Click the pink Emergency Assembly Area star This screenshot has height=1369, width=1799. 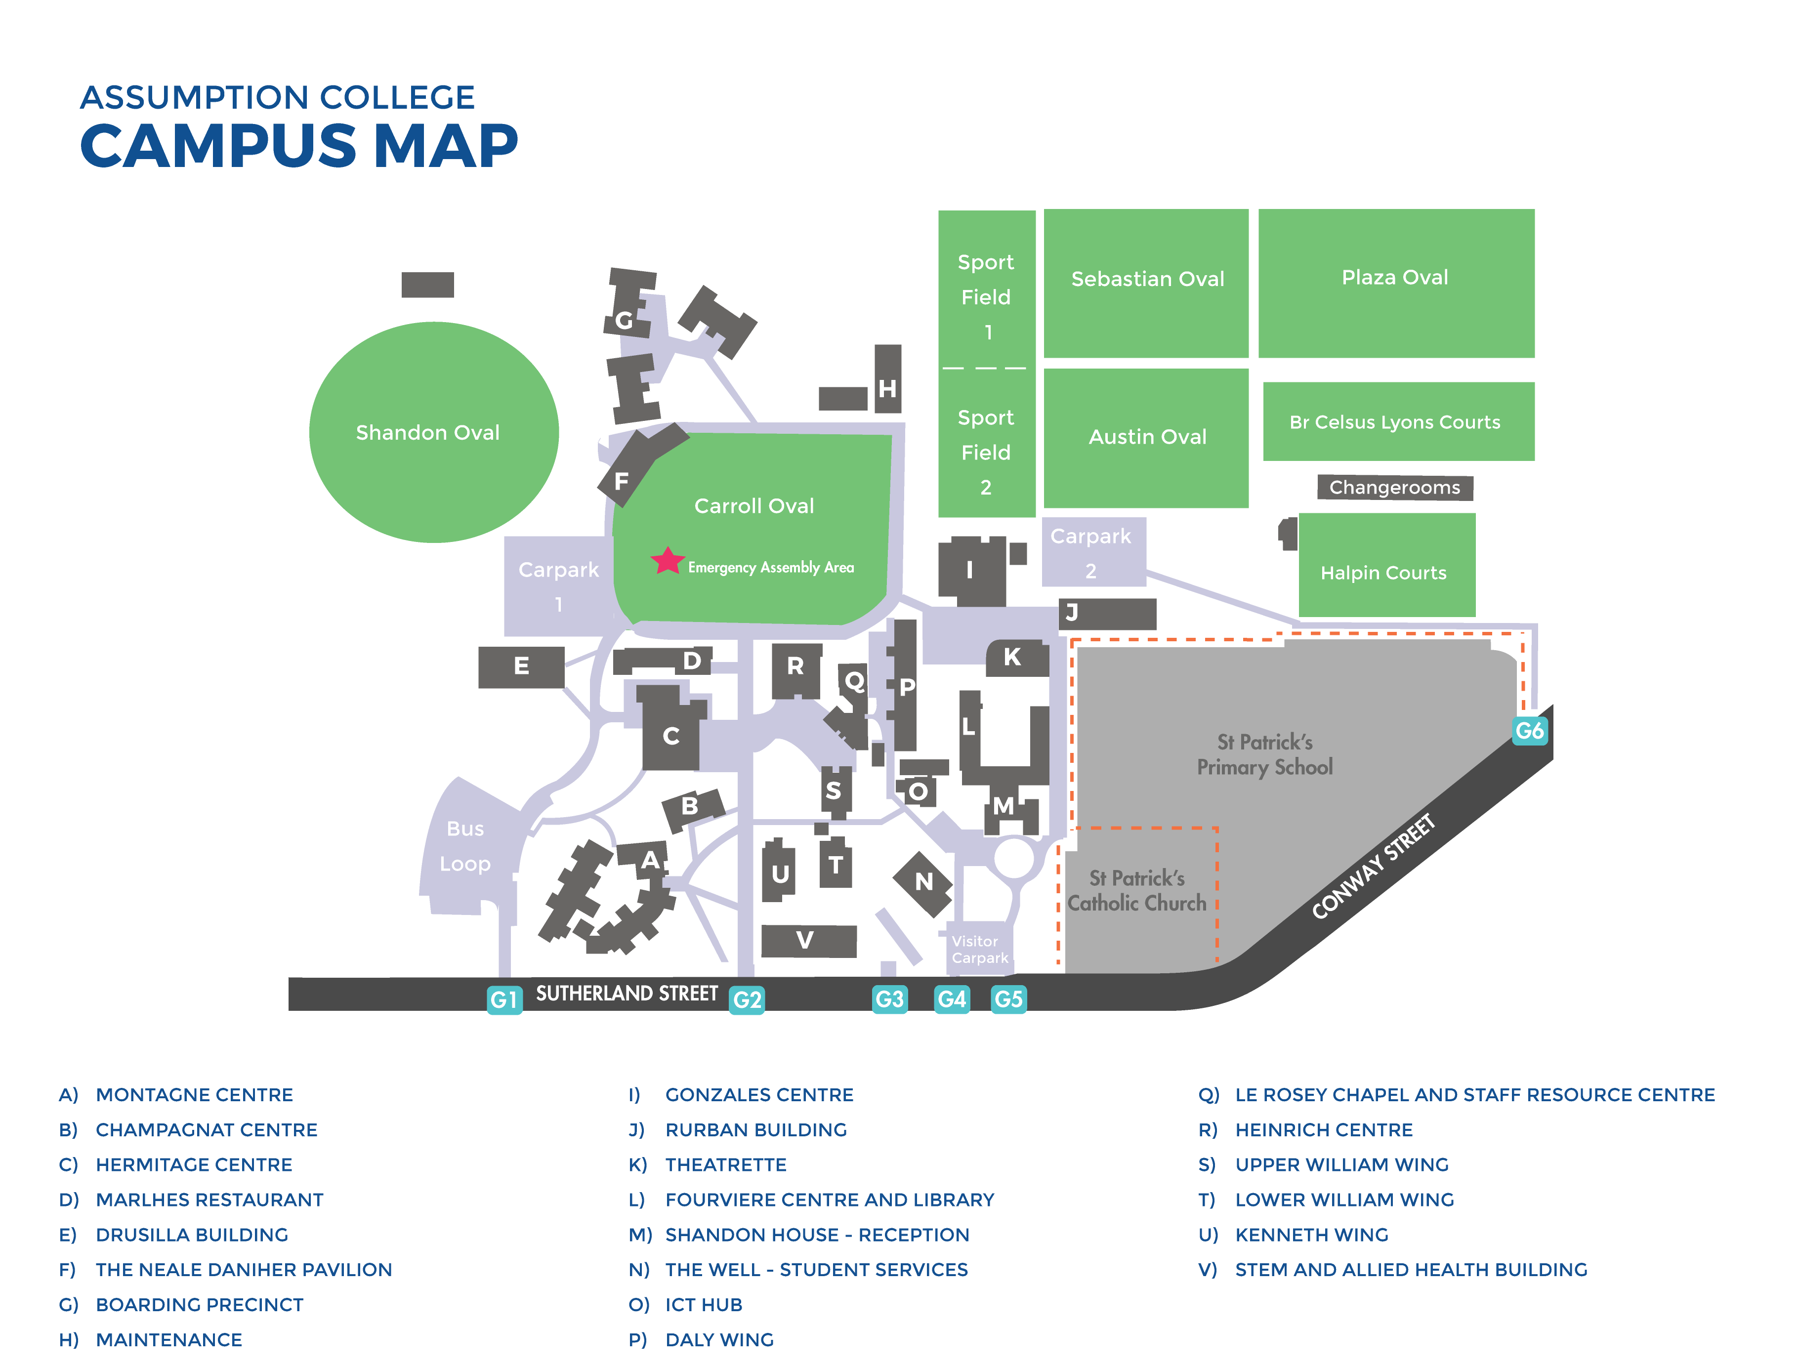[x=668, y=561]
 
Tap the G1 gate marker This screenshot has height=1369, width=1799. [x=504, y=999]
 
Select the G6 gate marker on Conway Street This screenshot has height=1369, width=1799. [x=1529, y=730]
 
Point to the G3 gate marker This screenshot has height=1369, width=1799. [x=889, y=999]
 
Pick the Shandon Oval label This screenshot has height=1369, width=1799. [x=428, y=433]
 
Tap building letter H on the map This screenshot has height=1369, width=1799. [x=887, y=389]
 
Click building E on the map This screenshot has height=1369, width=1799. [x=521, y=666]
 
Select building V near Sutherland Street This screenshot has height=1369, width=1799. [x=805, y=940]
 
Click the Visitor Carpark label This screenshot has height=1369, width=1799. [x=979, y=950]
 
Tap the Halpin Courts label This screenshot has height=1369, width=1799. [x=1383, y=573]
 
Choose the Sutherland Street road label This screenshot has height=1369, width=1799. [x=627, y=994]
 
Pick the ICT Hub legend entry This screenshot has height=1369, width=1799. [x=703, y=1305]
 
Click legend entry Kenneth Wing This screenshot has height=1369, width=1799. [x=1311, y=1235]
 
